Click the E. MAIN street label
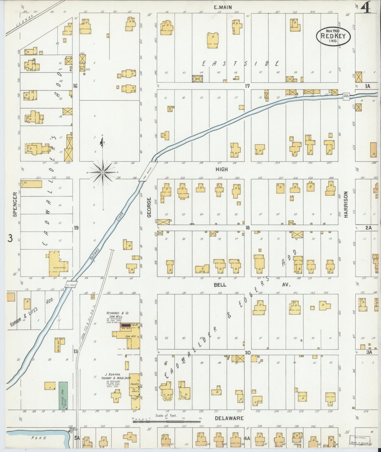tap(223, 7)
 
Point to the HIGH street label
tap(221, 170)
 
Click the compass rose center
tap(103, 172)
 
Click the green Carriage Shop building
tap(63, 395)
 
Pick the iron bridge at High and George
tap(148, 172)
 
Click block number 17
tap(247, 86)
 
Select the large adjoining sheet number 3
tap(10, 238)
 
